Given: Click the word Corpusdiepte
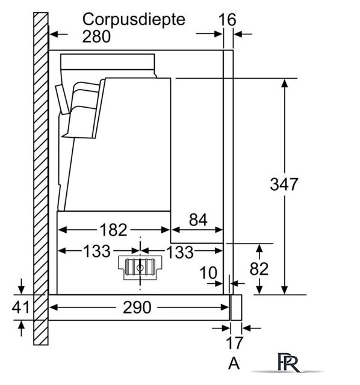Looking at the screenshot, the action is pyautogui.click(x=134, y=20).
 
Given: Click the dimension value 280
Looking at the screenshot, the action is pyautogui.click(x=96, y=37).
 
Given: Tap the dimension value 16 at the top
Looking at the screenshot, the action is pyautogui.click(x=228, y=20).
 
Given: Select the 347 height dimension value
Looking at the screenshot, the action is pyautogui.click(x=284, y=184).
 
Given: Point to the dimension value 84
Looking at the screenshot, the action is pyautogui.click(x=198, y=220).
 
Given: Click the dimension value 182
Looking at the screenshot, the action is pyautogui.click(x=113, y=230).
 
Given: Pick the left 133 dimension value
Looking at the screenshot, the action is pyautogui.click(x=97, y=251).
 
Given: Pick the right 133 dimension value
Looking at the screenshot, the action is pyautogui.click(x=180, y=252).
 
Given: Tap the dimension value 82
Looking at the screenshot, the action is pyautogui.click(x=259, y=269).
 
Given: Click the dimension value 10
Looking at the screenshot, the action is pyautogui.click(x=208, y=273).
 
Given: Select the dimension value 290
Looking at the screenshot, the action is pyautogui.click(x=137, y=307).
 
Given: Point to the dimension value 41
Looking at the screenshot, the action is pyautogui.click(x=20, y=307).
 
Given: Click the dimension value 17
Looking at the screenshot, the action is pyautogui.click(x=235, y=343).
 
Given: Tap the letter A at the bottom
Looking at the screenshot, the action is pyautogui.click(x=234, y=363).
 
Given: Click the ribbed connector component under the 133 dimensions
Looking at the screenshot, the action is pyautogui.click(x=140, y=267).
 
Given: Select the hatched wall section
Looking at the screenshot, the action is pyautogui.click(x=41, y=179).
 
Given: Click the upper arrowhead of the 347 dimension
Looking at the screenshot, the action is pyautogui.click(x=284, y=84).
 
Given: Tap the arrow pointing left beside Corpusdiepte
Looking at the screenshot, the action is pyautogui.click(x=59, y=34).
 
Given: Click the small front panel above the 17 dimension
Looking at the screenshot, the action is pyautogui.click(x=237, y=307).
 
